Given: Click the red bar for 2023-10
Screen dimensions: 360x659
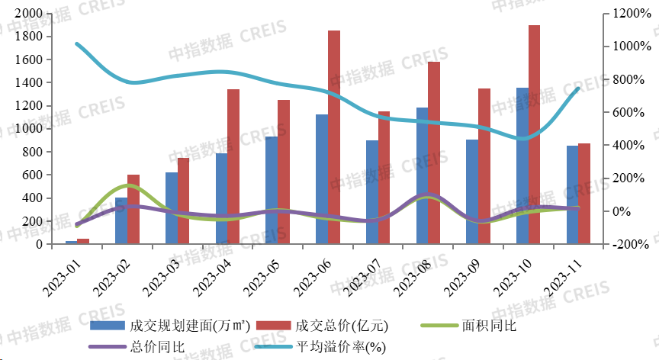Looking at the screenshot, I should tap(534, 134).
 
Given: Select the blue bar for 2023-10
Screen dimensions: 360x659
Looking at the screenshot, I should tap(522, 166).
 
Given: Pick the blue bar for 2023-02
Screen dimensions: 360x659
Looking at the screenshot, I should tap(121, 220).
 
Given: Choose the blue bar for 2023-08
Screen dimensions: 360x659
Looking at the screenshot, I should tap(422, 175).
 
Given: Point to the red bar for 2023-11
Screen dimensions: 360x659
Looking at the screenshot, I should tap(584, 194).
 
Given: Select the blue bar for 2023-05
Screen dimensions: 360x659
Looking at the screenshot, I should tap(272, 190).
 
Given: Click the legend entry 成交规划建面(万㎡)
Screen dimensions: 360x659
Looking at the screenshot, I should tap(171, 326).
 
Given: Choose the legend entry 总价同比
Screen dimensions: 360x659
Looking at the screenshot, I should tap(137, 347).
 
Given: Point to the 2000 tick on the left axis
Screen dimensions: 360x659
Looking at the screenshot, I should tap(29, 14).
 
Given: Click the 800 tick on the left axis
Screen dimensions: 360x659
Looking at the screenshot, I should tap(32, 152).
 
